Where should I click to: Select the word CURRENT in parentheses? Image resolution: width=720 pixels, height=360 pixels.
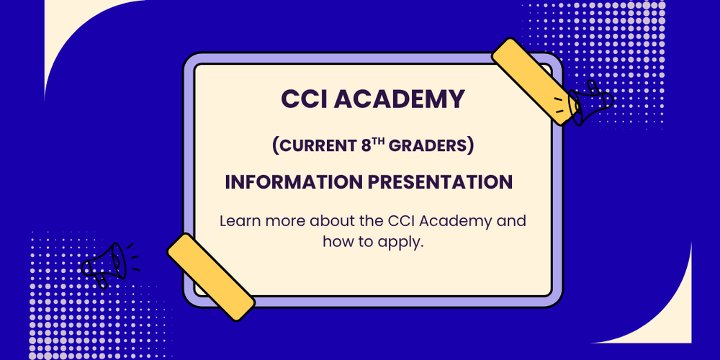click(314, 145)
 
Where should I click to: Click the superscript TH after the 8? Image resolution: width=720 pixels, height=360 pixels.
click(382, 141)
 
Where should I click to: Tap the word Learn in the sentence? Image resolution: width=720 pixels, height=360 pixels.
click(238, 220)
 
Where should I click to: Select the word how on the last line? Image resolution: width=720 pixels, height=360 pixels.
click(338, 242)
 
